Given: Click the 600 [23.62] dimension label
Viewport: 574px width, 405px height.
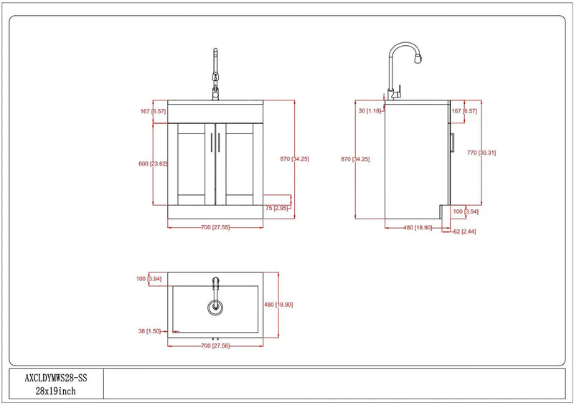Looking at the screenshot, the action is (153, 163).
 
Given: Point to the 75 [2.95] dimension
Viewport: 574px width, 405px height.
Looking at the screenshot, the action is (277, 208).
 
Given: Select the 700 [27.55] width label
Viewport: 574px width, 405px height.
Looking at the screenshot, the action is (215, 227).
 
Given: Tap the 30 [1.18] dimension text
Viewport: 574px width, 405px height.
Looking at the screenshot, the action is (370, 110).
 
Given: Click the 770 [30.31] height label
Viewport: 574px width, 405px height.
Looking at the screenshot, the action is (481, 153).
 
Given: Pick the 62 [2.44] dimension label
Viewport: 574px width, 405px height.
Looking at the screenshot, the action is (464, 232).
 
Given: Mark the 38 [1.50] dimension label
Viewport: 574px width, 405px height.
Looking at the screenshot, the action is (149, 331).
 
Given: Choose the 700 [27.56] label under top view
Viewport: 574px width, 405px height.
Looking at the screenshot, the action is (215, 346).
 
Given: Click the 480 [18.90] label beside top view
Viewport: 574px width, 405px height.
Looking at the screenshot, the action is (278, 305).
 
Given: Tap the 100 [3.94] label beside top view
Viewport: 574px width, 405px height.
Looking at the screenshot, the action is (149, 279).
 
